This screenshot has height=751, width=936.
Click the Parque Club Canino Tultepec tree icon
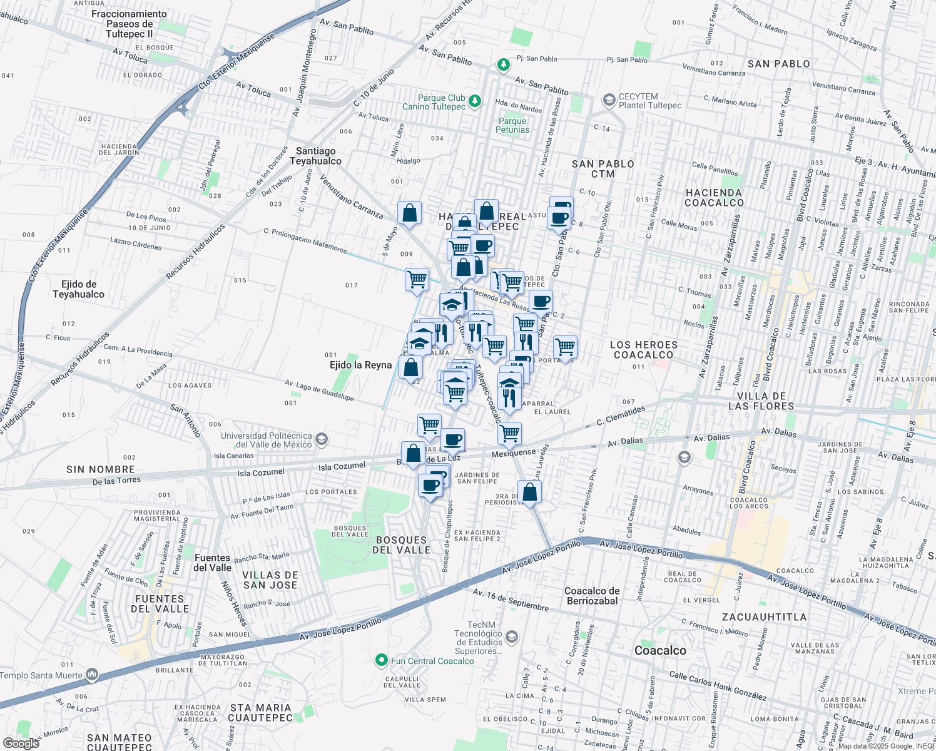[475, 101]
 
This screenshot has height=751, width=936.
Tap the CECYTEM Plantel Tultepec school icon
[609, 100]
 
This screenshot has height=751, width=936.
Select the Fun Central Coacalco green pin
[381, 660]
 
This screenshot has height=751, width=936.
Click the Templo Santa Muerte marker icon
[92, 675]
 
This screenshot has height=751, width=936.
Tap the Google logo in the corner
[21, 743]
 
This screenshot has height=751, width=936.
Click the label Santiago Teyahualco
[315, 156]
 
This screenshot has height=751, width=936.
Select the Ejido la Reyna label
[360, 365]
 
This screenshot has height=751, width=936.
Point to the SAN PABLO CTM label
[603, 169]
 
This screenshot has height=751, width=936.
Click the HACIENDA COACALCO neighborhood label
[714, 198]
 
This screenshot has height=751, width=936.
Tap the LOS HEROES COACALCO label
[643, 350]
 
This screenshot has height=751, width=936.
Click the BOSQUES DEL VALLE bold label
[401, 545]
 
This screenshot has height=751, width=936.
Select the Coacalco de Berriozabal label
[592, 596]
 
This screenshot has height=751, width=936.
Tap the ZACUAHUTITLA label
[764, 617]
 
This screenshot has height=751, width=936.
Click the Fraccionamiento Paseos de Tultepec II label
[130, 24]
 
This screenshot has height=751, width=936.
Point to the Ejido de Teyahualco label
[79, 289]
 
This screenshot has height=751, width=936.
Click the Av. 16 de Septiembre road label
[511, 600]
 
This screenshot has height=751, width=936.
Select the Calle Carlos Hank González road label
[718, 685]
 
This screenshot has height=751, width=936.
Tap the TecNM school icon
[512, 637]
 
